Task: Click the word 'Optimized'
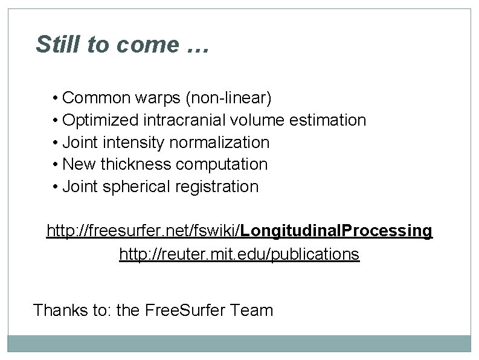pyautogui.click(x=101, y=120)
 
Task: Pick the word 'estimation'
pyautogui.click(x=328, y=120)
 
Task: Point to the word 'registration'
pyautogui.click(x=217, y=187)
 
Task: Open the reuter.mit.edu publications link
pyautogui.click(x=239, y=254)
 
